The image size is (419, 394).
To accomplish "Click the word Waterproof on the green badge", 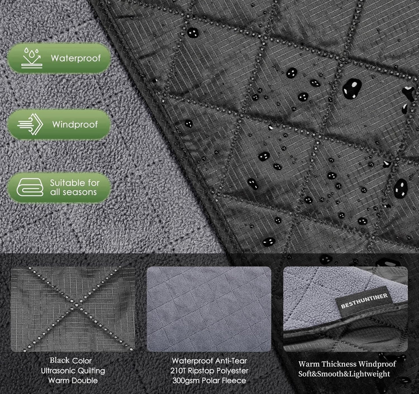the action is [76, 58].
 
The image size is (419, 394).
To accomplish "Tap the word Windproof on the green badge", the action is [75, 124].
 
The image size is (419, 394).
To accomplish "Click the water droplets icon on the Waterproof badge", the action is [32, 58].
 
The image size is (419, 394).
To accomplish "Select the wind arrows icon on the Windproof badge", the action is [30, 124].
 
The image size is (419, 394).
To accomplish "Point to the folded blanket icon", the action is [30, 187].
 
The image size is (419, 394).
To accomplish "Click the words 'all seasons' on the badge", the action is [73, 192].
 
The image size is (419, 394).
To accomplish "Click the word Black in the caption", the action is [60, 360].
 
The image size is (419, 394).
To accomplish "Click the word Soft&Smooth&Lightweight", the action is [344, 374].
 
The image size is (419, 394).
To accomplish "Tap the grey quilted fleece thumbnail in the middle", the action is [209, 309].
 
